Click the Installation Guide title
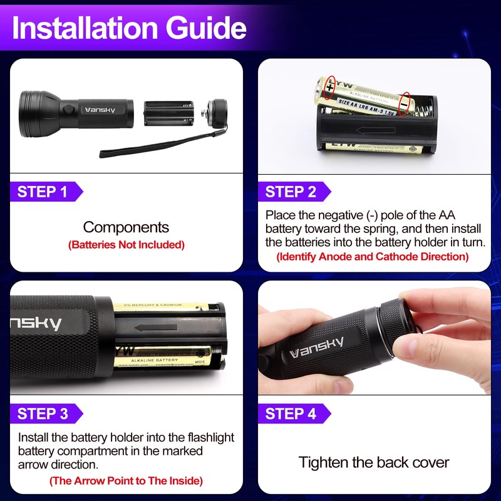tap(129, 28)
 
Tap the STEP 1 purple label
tap(43, 192)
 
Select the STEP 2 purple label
tap(291, 192)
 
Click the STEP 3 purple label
tap(43, 413)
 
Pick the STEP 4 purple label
tap(291, 413)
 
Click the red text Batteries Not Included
tap(127, 245)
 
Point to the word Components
tap(127, 227)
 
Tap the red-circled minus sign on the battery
tap(405, 101)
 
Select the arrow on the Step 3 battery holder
tap(154, 327)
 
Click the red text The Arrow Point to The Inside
tap(126, 481)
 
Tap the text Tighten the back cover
tap(374, 463)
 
